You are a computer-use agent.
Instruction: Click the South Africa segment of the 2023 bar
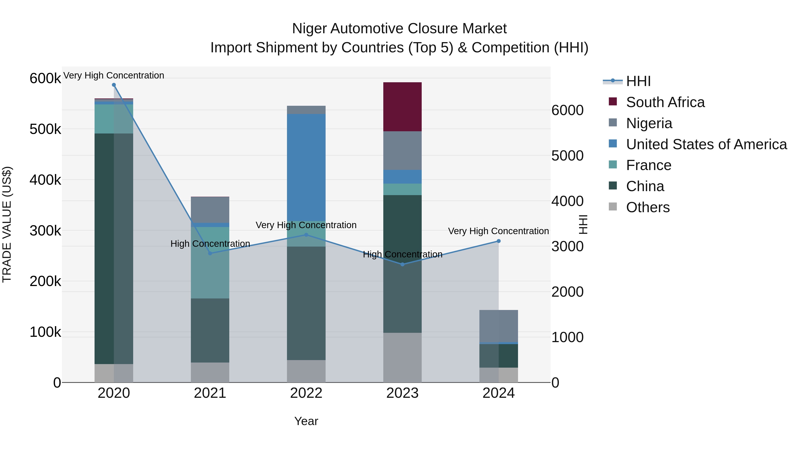pos(402,107)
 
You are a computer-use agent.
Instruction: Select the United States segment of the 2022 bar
pos(306,167)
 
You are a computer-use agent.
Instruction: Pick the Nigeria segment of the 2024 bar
pos(498,326)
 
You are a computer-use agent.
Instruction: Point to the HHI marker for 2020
pos(114,85)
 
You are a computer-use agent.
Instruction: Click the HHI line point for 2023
pos(402,264)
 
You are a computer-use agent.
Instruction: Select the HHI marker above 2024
pos(498,241)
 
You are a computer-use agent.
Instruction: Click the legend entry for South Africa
pos(665,102)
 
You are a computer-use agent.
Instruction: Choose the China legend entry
pos(645,186)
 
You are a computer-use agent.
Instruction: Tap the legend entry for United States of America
pos(706,144)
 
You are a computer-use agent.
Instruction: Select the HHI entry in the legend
pos(638,81)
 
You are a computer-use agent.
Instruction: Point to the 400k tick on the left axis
pos(45,180)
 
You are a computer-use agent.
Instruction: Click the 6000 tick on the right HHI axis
pos(567,110)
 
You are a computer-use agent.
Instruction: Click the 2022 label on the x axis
pos(306,393)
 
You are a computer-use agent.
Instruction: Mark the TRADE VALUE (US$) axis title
pos(7,224)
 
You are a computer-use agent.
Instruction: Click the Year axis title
pos(306,421)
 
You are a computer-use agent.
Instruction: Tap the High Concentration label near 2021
pos(210,244)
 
